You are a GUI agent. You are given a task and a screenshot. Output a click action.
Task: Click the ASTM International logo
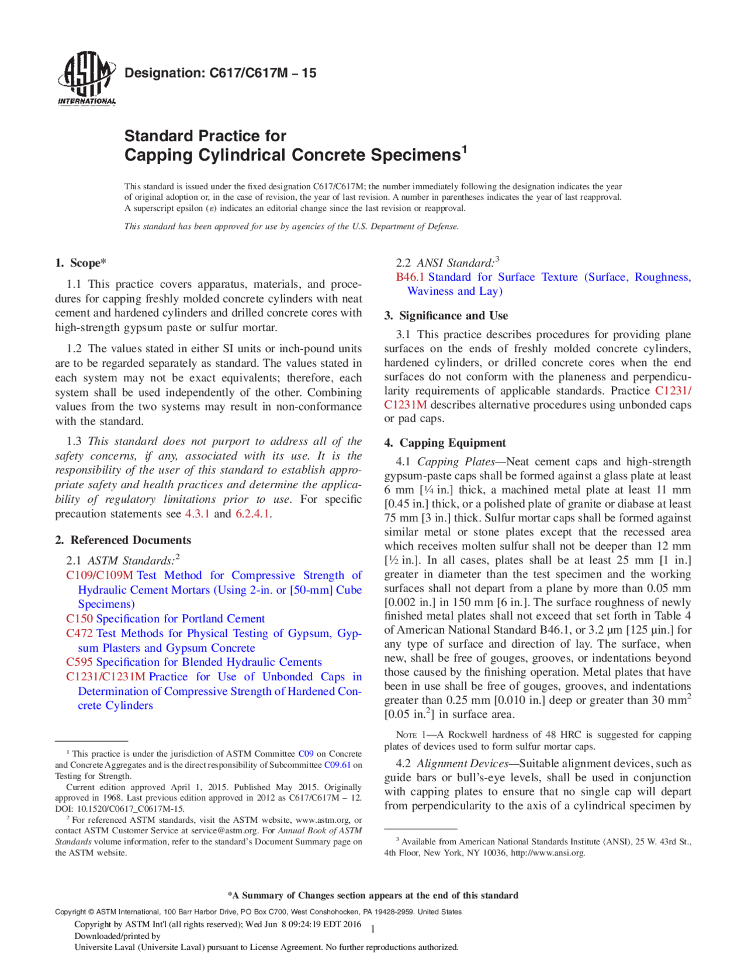tap(86, 78)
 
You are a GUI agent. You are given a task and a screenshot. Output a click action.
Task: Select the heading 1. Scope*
tap(81, 263)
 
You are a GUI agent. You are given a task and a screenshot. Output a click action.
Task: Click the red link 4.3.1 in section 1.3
tap(197, 514)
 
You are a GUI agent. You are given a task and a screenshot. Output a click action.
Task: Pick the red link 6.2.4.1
tap(252, 514)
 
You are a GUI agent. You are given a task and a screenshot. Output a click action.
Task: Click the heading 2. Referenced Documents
tap(123, 540)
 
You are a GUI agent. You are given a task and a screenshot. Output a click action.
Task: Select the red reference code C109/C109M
tap(99, 575)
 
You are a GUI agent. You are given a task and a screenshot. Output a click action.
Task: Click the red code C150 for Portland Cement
tap(79, 618)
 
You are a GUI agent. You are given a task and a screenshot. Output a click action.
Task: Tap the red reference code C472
tap(79, 633)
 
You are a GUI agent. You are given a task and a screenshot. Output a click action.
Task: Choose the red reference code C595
tap(79, 662)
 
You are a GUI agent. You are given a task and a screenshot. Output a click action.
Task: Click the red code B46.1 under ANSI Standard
tap(410, 277)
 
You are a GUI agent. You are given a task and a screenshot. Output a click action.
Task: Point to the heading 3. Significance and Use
tap(446, 316)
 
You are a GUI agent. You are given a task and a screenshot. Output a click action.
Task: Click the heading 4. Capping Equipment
tap(445, 443)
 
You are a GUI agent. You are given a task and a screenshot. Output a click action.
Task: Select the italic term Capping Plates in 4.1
tap(456, 462)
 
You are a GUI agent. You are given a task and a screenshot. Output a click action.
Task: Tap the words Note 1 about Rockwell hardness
tap(411, 735)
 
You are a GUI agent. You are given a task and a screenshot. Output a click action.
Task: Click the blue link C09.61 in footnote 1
tap(337, 765)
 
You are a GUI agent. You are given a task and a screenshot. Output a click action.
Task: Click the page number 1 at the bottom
tap(373, 929)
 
